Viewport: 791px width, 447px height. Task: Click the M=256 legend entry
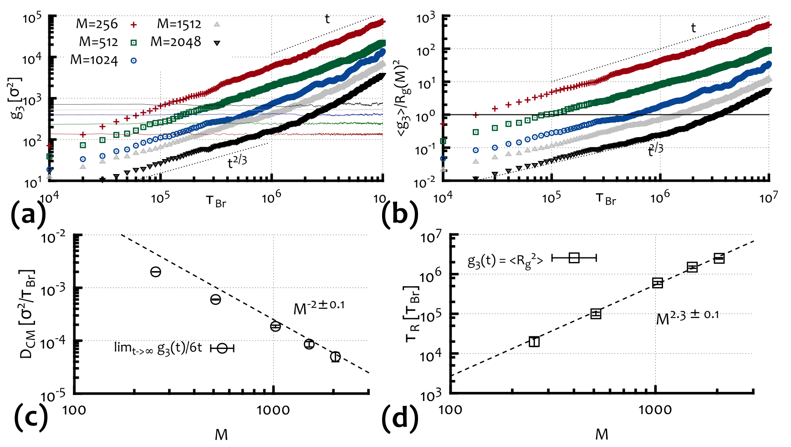pyautogui.click(x=97, y=24)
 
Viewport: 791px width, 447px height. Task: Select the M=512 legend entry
pyautogui.click(x=98, y=42)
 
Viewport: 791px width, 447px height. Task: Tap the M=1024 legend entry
pyautogui.click(x=94, y=60)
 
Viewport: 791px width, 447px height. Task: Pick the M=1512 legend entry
pyautogui.click(x=179, y=24)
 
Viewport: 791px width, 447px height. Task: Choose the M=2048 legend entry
pyautogui.click(x=176, y=42)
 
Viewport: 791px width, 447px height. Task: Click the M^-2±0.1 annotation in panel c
pyautogui.click(x=319, y=307)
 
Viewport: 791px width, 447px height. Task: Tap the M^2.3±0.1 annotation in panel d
pyautogui.click(x=687, y=317)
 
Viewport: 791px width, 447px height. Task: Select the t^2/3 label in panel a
pyautogui.click(x=237, y=161)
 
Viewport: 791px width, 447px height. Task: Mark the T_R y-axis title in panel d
pyautogui.click(x=412, y=314)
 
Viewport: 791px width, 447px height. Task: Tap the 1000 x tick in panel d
pyautogui.click(x=655, y=410)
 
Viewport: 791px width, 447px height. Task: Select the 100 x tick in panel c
pyautogui.click(x=74, y=410)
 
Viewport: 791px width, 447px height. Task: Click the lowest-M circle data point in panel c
pyautogui.click(x=156, y=272)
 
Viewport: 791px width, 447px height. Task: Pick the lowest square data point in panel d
pyautogui.click(x=534, y=342)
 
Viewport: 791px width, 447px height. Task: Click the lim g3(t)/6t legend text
pyautogui.click(x=158, y=348)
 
